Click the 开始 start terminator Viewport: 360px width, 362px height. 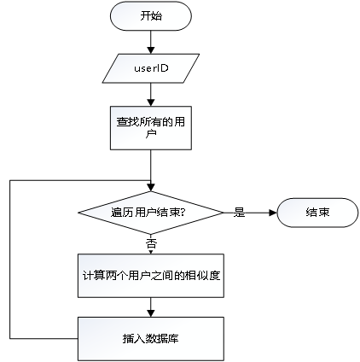[151, 16]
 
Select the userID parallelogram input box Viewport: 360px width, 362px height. [151, 68]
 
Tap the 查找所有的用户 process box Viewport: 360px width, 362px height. [151, 128]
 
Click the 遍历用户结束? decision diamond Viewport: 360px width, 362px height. [151, 213]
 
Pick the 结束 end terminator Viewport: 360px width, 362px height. [317, 213]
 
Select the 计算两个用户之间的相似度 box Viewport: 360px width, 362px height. [151, 276]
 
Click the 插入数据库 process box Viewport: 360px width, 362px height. [151, 339]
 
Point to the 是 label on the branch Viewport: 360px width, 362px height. [239, 213]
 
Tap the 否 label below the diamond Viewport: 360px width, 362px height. [151, 243]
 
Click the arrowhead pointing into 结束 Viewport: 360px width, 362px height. [273, 213]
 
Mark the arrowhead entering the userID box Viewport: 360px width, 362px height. [151, 50]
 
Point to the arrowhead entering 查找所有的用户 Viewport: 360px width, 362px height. [151, 102]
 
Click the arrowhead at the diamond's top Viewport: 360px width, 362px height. [151, 187]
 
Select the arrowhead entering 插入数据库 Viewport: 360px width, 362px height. [151, 313]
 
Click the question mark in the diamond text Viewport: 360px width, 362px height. [183, 213]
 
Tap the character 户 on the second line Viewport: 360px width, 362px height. [151, 134]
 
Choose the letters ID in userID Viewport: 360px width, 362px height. [162, 68]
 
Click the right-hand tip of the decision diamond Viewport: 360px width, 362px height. [224, 213]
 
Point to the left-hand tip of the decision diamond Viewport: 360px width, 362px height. [78, 213]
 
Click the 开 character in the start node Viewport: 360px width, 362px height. [145, 16]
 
